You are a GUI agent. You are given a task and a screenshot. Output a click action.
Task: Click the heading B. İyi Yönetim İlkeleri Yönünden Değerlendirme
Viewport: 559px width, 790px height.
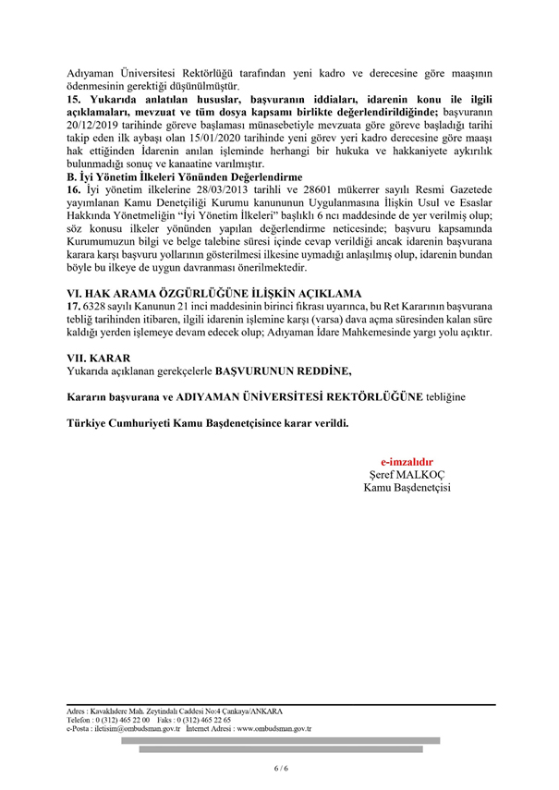[x=185, y=175]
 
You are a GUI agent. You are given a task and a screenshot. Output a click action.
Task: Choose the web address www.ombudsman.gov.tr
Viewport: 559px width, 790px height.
[x=273, y=729]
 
